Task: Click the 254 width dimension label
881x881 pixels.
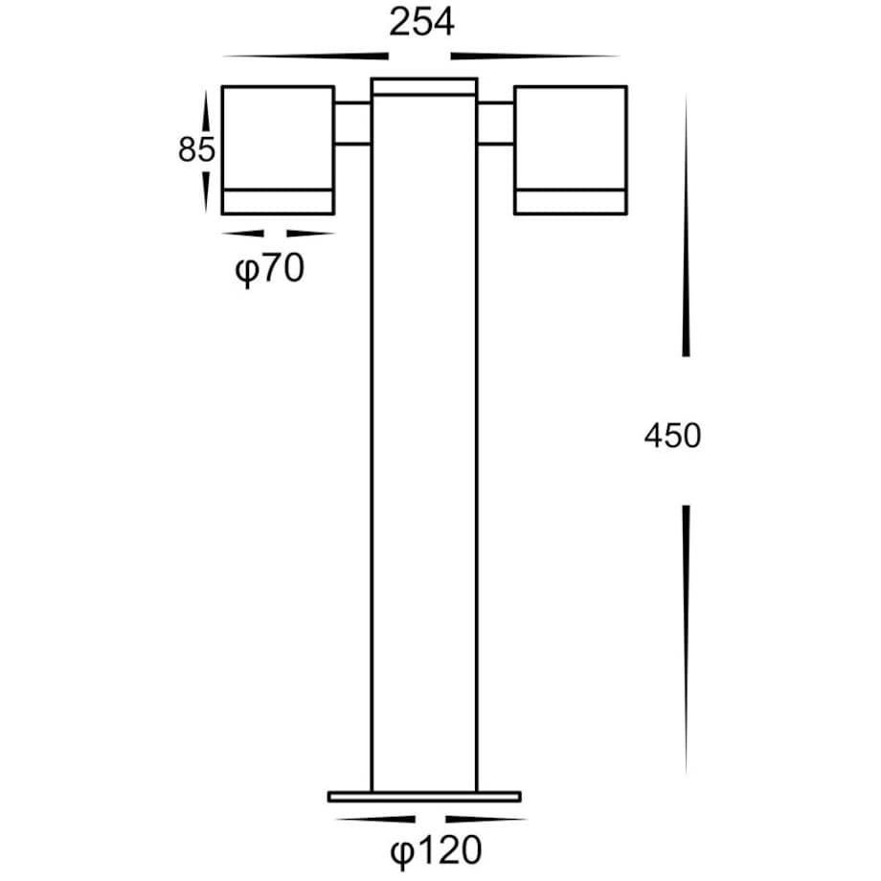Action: pyautogui.click(x=421, y=24)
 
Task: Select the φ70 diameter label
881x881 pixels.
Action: pyautogui.click(x=269, y=271)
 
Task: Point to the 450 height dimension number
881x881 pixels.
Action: pyautogui.click(x=672, y=436)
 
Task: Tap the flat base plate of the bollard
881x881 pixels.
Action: pyautogui.click(x=424, y=796)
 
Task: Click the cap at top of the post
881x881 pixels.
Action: pyautogui.click(x=424, y=87)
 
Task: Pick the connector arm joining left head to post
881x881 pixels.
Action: pyautogui.click(x=352, y=124)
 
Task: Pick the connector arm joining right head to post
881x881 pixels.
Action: pyautogui.click(x=495, y=124)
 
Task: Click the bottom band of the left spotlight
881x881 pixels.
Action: pyautogui.click(x=278, y=201)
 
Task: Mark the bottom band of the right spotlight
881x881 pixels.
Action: pyautogui.click(x=571, y=201)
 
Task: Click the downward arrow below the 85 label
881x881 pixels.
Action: pyautogui.click(x=206, y=190)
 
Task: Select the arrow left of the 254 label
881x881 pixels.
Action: pyautogui.click(x=297, y=55)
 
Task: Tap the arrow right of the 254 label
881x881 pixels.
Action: pyautogui.click(x=536, y=55)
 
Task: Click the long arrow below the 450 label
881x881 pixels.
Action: pyautogui.click(x=686, y=637)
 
